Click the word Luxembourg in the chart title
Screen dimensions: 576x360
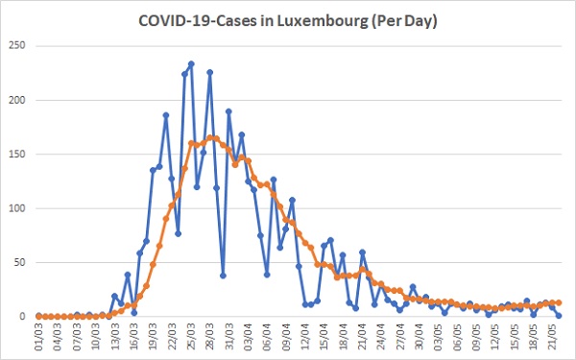pos(322,21)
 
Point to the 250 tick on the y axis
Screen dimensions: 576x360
pos(17,45)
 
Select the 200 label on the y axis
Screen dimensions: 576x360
pos(17,100)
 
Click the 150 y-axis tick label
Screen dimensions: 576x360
pos(17,154)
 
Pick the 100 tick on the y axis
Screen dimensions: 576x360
pos(17,208)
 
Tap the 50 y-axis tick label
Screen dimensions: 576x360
pos(20,262)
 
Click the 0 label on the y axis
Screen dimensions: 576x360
pos(23,316)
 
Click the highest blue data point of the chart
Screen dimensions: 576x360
pos(191,63)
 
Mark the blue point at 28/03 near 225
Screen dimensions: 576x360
pos(209,72)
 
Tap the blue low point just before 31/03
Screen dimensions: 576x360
pos(223,276)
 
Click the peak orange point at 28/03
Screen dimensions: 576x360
pos(210,137)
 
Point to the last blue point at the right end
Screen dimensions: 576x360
pos(559,315)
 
